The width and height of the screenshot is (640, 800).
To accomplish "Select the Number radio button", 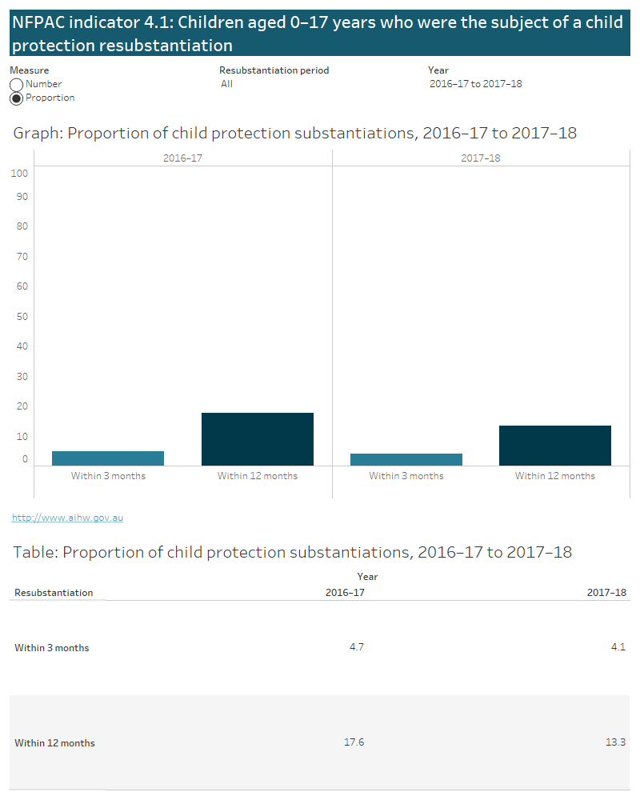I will pyautogui.click(x=16, y=85).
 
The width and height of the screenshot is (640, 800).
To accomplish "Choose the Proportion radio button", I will pyautogui.click(x=16, y=98).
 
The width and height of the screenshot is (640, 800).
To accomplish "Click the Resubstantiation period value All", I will pyautogui.click(x=227, y=84).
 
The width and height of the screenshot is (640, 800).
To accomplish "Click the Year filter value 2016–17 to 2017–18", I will pyautogui.click(x=475, y=84).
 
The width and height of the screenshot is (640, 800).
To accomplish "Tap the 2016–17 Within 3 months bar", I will pyautogui.click(x=108, y=458).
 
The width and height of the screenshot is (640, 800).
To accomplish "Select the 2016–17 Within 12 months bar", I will pyautogui.click(x=257, y=439).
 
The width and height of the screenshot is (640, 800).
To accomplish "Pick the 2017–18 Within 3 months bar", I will pyautogui.click(x=406, y=459).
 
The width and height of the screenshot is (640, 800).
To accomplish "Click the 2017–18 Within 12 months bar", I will pyautogui.click(x=555, y=446).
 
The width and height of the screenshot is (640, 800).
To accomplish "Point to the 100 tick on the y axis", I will pyautogui.click(x=20, y=174).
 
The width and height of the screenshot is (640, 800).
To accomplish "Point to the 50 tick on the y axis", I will pyautogui.click(x=22, y=317).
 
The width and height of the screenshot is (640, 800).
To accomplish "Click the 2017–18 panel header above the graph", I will pyautogui.click(x=481, y=158).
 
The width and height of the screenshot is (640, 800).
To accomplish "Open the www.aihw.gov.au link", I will pyautogui.click(x=67, y=518).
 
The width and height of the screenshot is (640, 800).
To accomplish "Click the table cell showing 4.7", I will pyautogui.click(x=357, y=647).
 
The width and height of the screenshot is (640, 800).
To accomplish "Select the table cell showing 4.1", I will pyautogui.click(x=618, y=647).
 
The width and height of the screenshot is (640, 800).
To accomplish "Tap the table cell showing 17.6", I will pyautogui.click(x=354, y=742).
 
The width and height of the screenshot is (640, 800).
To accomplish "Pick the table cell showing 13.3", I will pyautogui.click(x=615, y=742).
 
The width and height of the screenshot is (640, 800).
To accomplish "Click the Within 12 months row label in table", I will pyautogui.click(x=54, y=743).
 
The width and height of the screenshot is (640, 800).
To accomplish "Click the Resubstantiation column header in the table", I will pyautogui.click(x=54, y=593).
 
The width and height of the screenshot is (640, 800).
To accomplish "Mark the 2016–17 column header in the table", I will pyautogui.click(x=345, y=593).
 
